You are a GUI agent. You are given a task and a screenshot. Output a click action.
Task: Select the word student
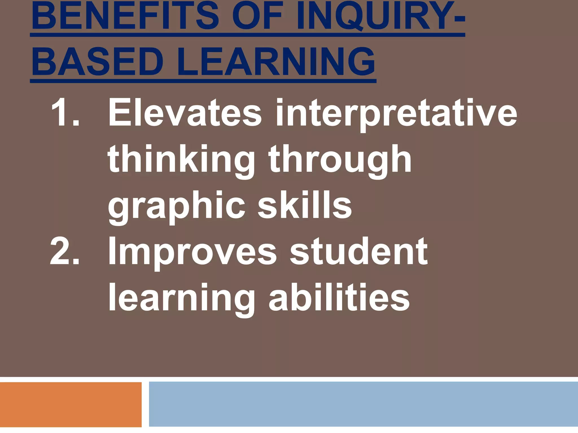pos(358,251)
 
